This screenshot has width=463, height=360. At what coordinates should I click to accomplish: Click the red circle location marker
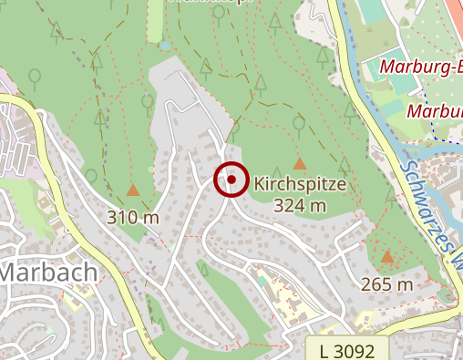tap(231, 180)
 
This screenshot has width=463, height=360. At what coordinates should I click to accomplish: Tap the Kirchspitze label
tap(300, 184)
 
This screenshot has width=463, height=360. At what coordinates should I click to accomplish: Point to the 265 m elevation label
tap(387, 283)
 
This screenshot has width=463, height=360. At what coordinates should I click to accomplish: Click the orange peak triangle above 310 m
tap(133, 190)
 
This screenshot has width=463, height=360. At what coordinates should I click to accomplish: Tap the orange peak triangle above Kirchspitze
tap(300, 163)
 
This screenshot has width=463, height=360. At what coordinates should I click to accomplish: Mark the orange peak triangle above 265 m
tap(387, 258)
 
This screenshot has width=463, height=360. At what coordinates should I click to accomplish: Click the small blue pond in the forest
tap(163, 44)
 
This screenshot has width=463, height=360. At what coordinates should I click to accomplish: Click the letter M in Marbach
tap(12, 271)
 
